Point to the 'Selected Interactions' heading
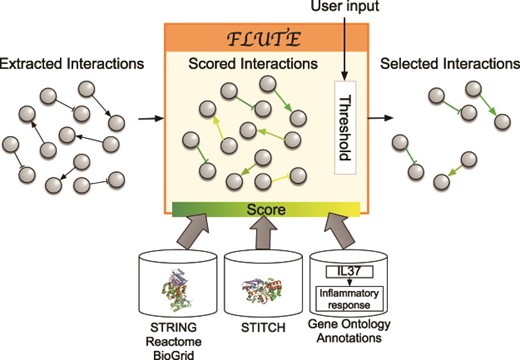[445, 65]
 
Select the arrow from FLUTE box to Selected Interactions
[375, 119]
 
